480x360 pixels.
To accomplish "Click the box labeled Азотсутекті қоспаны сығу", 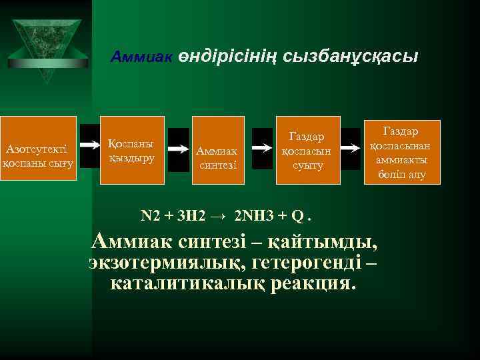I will (38, 151).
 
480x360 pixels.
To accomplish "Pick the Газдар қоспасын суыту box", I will (307, 150).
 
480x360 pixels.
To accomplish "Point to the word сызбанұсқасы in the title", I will (351, 57).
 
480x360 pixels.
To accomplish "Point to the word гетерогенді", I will (301, 262).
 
